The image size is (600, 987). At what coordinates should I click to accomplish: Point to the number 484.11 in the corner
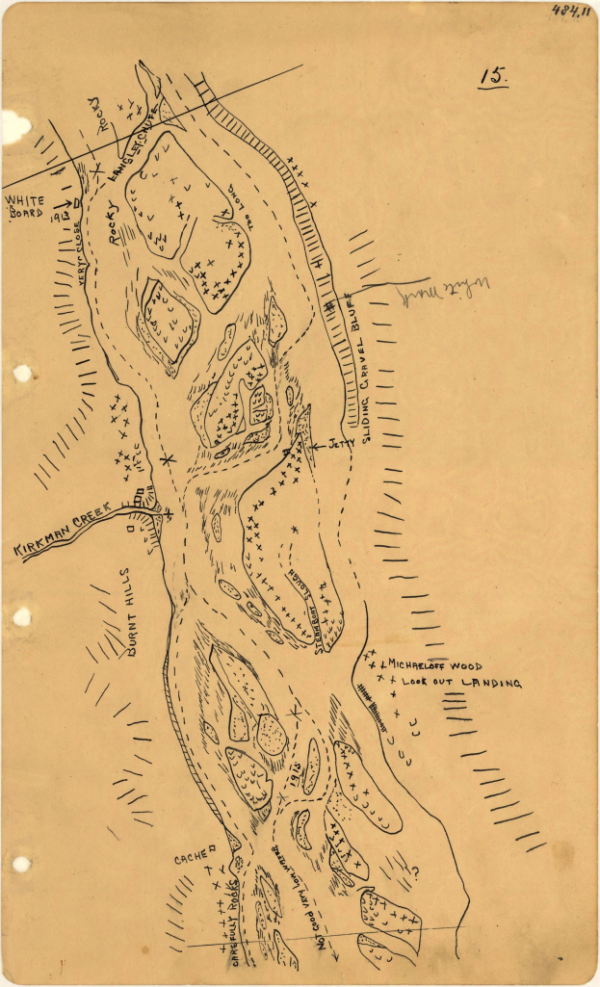(x=570, y=11)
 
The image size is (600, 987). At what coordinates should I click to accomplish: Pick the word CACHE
(x=192, y=858)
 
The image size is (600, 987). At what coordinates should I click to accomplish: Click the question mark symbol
(x=417, y=874)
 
